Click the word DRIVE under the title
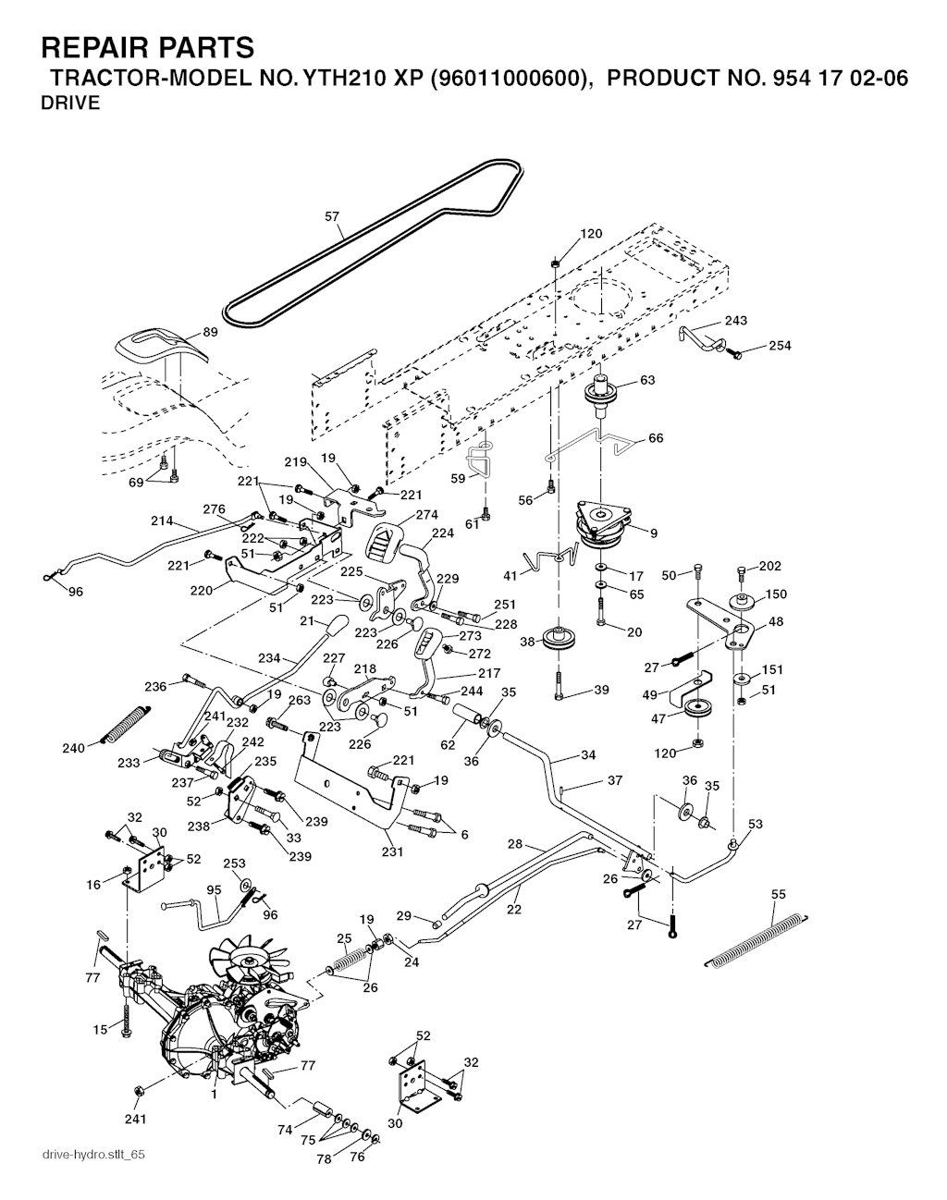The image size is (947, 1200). point(70,103)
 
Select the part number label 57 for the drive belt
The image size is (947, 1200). point(332,217)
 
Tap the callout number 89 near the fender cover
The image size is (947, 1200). point(210,332)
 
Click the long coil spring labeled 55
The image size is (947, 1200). point(762,939)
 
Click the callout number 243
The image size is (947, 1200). point(736,320)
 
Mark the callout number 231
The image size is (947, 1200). point(392,851)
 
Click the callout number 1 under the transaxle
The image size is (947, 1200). point(214,1095)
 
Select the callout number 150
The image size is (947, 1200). point(776,594)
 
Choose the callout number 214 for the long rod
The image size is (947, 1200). point(162,521)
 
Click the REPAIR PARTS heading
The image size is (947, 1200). point(148,47)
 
